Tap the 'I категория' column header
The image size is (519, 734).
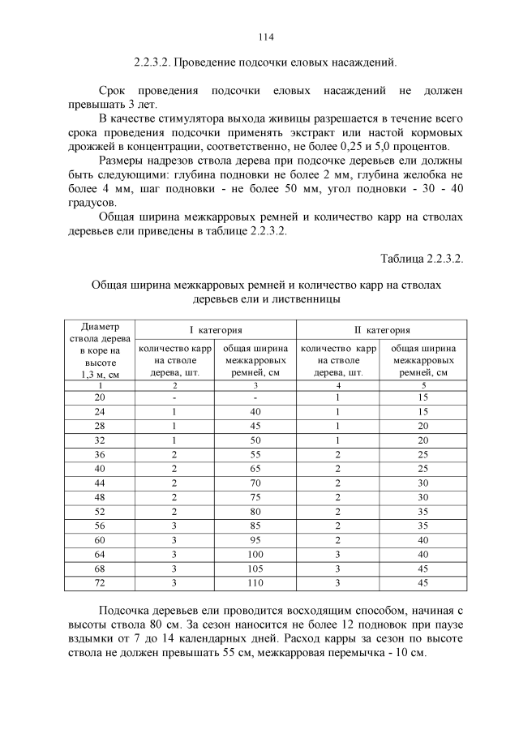[x=216, y=329]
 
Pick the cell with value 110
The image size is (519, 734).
[x=255, y=583]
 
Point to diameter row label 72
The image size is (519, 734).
[x=100, y=583]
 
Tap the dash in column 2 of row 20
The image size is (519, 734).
[x=174, y=397]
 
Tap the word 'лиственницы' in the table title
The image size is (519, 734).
[x=308, y=299]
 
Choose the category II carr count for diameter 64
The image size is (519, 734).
[x=337, y=554]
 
